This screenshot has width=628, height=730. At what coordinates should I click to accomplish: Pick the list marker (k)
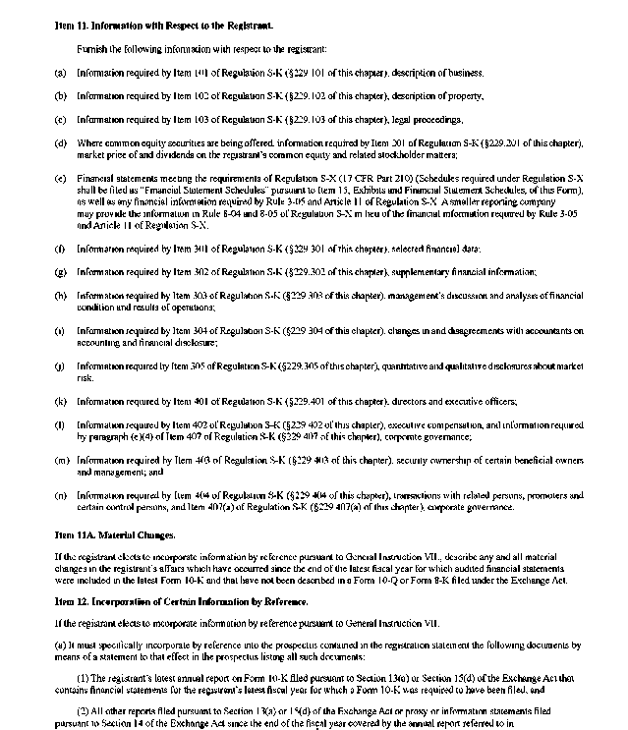pos(60,401)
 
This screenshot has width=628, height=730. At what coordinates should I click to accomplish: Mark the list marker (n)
pos(60,496)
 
